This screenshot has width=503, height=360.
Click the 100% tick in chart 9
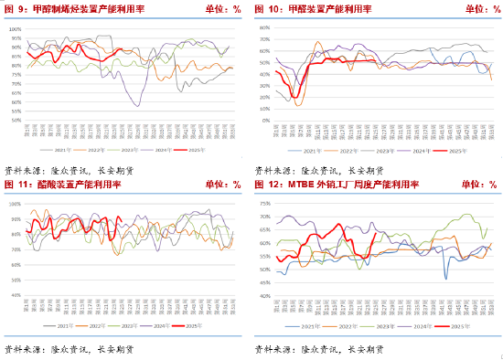point(15,28)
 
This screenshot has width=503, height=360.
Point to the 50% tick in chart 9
point(16,121)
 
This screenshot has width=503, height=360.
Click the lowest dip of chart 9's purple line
point(138,106)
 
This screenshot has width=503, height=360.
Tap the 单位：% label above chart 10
point(475,8)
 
